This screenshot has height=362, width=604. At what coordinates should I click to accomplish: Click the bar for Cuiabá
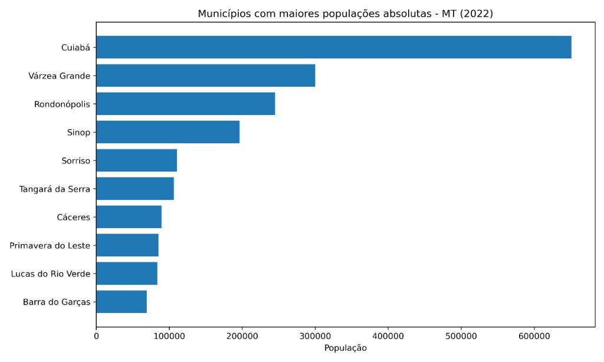(333, 47)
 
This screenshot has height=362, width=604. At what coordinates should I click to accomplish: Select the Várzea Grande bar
(205, 75)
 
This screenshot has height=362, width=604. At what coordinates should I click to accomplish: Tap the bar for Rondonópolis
(185, 104)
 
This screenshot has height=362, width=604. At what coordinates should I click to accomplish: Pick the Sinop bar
(168, 132)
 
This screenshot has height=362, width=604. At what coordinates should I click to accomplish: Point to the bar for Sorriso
(136, 160)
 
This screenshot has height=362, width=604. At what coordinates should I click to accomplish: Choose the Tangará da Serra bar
(135, 189)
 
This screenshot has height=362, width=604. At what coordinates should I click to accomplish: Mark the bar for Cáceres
(129, 217)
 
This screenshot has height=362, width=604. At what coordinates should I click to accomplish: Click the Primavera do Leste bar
(127, 245)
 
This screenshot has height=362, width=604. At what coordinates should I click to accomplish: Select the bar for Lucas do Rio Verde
(127, 274)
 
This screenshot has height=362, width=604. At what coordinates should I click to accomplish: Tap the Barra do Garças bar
(122, 302)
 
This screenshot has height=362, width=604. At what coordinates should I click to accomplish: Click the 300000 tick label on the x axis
(315, 337)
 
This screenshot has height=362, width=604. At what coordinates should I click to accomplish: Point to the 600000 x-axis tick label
(534, 337)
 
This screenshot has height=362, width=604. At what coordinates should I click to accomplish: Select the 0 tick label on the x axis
(96, 337)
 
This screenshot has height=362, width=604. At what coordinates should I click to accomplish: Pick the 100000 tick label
(169, 337)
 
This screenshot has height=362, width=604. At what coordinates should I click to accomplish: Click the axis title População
(346, 348)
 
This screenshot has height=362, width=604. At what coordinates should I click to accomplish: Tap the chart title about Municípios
(346, 14)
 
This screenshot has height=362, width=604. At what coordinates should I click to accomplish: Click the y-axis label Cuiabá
(75, 47)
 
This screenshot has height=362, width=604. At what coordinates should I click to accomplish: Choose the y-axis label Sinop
(78, 132)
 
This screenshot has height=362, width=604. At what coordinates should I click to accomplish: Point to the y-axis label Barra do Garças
(57, 302)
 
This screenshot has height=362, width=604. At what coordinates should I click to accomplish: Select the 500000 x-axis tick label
(461, 337)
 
